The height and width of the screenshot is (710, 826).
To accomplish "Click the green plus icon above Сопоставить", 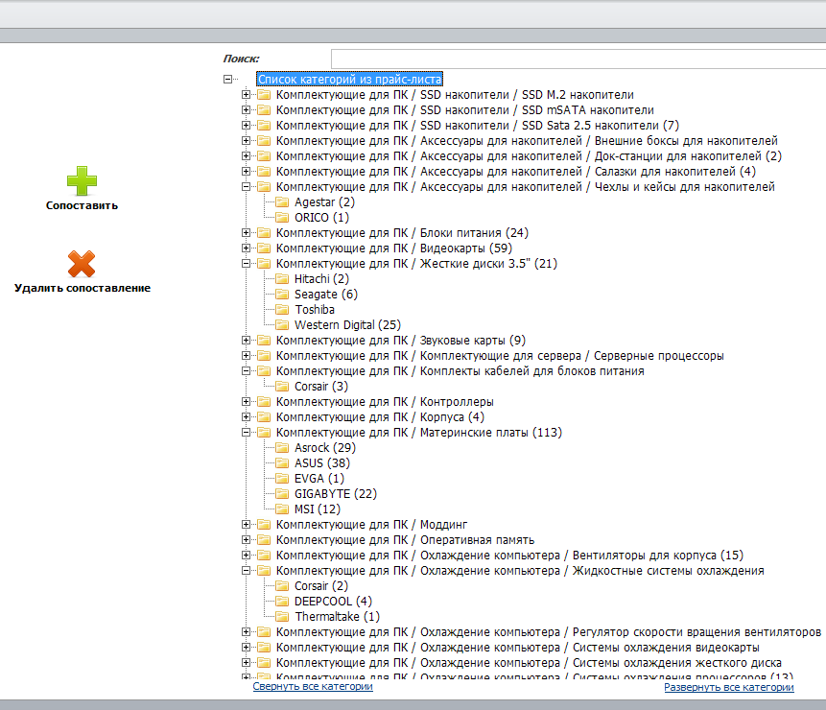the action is tap(82, 180).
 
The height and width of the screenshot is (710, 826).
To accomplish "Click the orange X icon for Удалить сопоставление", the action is tap(82, 264).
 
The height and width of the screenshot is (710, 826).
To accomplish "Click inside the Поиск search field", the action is tap(578, 59).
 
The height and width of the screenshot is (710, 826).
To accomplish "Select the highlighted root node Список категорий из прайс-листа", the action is tap(349, 79).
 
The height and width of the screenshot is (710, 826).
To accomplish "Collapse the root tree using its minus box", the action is tap(227, 79).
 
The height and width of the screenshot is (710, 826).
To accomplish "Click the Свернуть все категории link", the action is tap(313, 686).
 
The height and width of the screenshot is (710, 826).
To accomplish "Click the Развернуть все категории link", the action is tap(728, 687).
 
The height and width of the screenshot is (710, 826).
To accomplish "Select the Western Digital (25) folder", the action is tap(347, 325).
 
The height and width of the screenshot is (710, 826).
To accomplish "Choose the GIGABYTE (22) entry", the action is tap(336, 493).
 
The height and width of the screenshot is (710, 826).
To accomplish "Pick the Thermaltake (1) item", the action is tap(337, 616).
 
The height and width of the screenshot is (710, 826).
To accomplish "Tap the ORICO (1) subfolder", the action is tap(322, 218).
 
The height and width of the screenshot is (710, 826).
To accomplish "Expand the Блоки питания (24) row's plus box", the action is tap(246, 233).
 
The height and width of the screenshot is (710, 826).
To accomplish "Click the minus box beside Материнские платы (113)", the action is tap(246, 433).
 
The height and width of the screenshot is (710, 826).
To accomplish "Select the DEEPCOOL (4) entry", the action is tap(334, 601).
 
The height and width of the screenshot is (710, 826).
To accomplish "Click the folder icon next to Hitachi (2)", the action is tap(282, 278).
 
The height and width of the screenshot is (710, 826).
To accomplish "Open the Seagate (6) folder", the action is tap(326, 294).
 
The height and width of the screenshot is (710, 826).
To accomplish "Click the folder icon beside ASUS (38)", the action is tap(282, 463).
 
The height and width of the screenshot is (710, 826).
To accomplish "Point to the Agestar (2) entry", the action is tap(324, 202).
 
